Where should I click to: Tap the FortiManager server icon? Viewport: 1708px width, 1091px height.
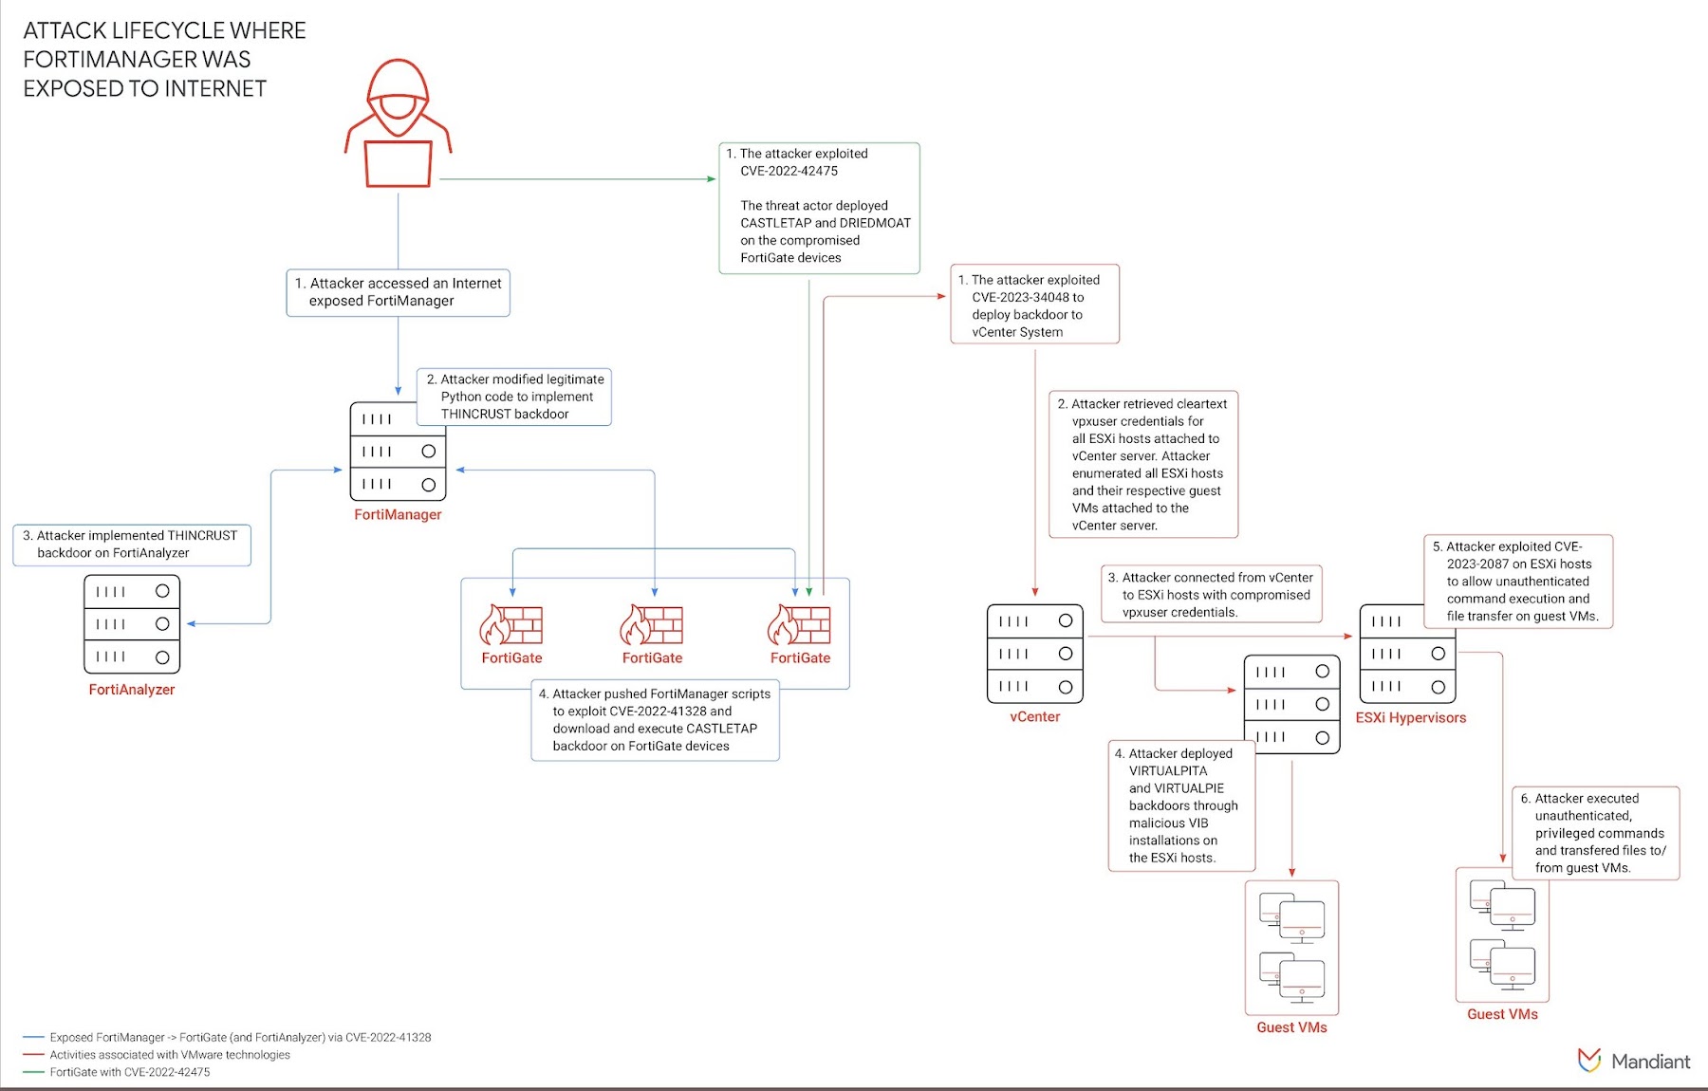pyautogui.click(x=398, y=452)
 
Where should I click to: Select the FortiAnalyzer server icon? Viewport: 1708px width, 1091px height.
pyautogui.click(x=132, y=624)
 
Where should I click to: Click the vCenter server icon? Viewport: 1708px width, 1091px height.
pyautogui.click(x=1034, y=654)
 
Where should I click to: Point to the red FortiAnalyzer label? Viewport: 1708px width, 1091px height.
pyautogui.click(x=132, y=690)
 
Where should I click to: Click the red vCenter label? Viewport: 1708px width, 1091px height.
pyautogui.click(x=1034, y=717)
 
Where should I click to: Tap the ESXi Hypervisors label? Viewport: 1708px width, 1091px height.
pyautogui.click(x=1410, y=718)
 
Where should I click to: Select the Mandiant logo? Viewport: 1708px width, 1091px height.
pyautogui.click(x=1633, y=1061)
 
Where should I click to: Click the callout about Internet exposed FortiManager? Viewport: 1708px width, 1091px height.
pyautogui.click(x=398, y=292)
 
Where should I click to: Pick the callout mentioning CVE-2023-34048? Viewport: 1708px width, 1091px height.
pyautogui.click(x=1034, y=305)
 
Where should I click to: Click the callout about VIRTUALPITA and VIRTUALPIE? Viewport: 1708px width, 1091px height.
pyautogui.click(x=1181, y=805)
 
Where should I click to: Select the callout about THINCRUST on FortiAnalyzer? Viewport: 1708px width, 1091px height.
pyautogui.click(x=132, y=545)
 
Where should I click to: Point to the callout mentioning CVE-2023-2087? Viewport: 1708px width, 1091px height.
pyautogui.click(x=1517, y=581)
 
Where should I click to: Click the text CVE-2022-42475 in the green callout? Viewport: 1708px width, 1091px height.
pyautogui.click(x=789, y=172)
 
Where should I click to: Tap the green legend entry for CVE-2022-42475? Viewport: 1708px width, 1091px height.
pyautogui.click(x=130, y=1072)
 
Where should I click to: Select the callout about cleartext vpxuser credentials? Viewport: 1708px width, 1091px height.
pyautogui.click(x=1142, y=464)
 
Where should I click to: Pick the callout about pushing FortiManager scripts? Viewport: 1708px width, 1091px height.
pyautogui.click(x=655, y=720)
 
